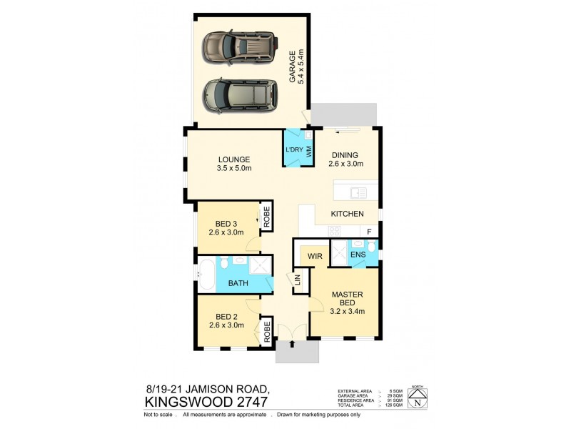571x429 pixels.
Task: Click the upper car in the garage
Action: [239, 47]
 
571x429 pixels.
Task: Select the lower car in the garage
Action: [239, 94]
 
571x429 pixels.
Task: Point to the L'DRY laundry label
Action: [294, 149]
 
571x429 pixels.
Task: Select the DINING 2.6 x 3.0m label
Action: [346, 159]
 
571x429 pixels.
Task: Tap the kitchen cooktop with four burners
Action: [335, 230]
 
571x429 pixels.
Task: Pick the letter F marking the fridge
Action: [369, 232]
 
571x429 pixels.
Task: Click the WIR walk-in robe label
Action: [313, 255]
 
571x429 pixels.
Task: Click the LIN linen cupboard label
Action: [298, 282]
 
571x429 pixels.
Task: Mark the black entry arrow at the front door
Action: [291, 345]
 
